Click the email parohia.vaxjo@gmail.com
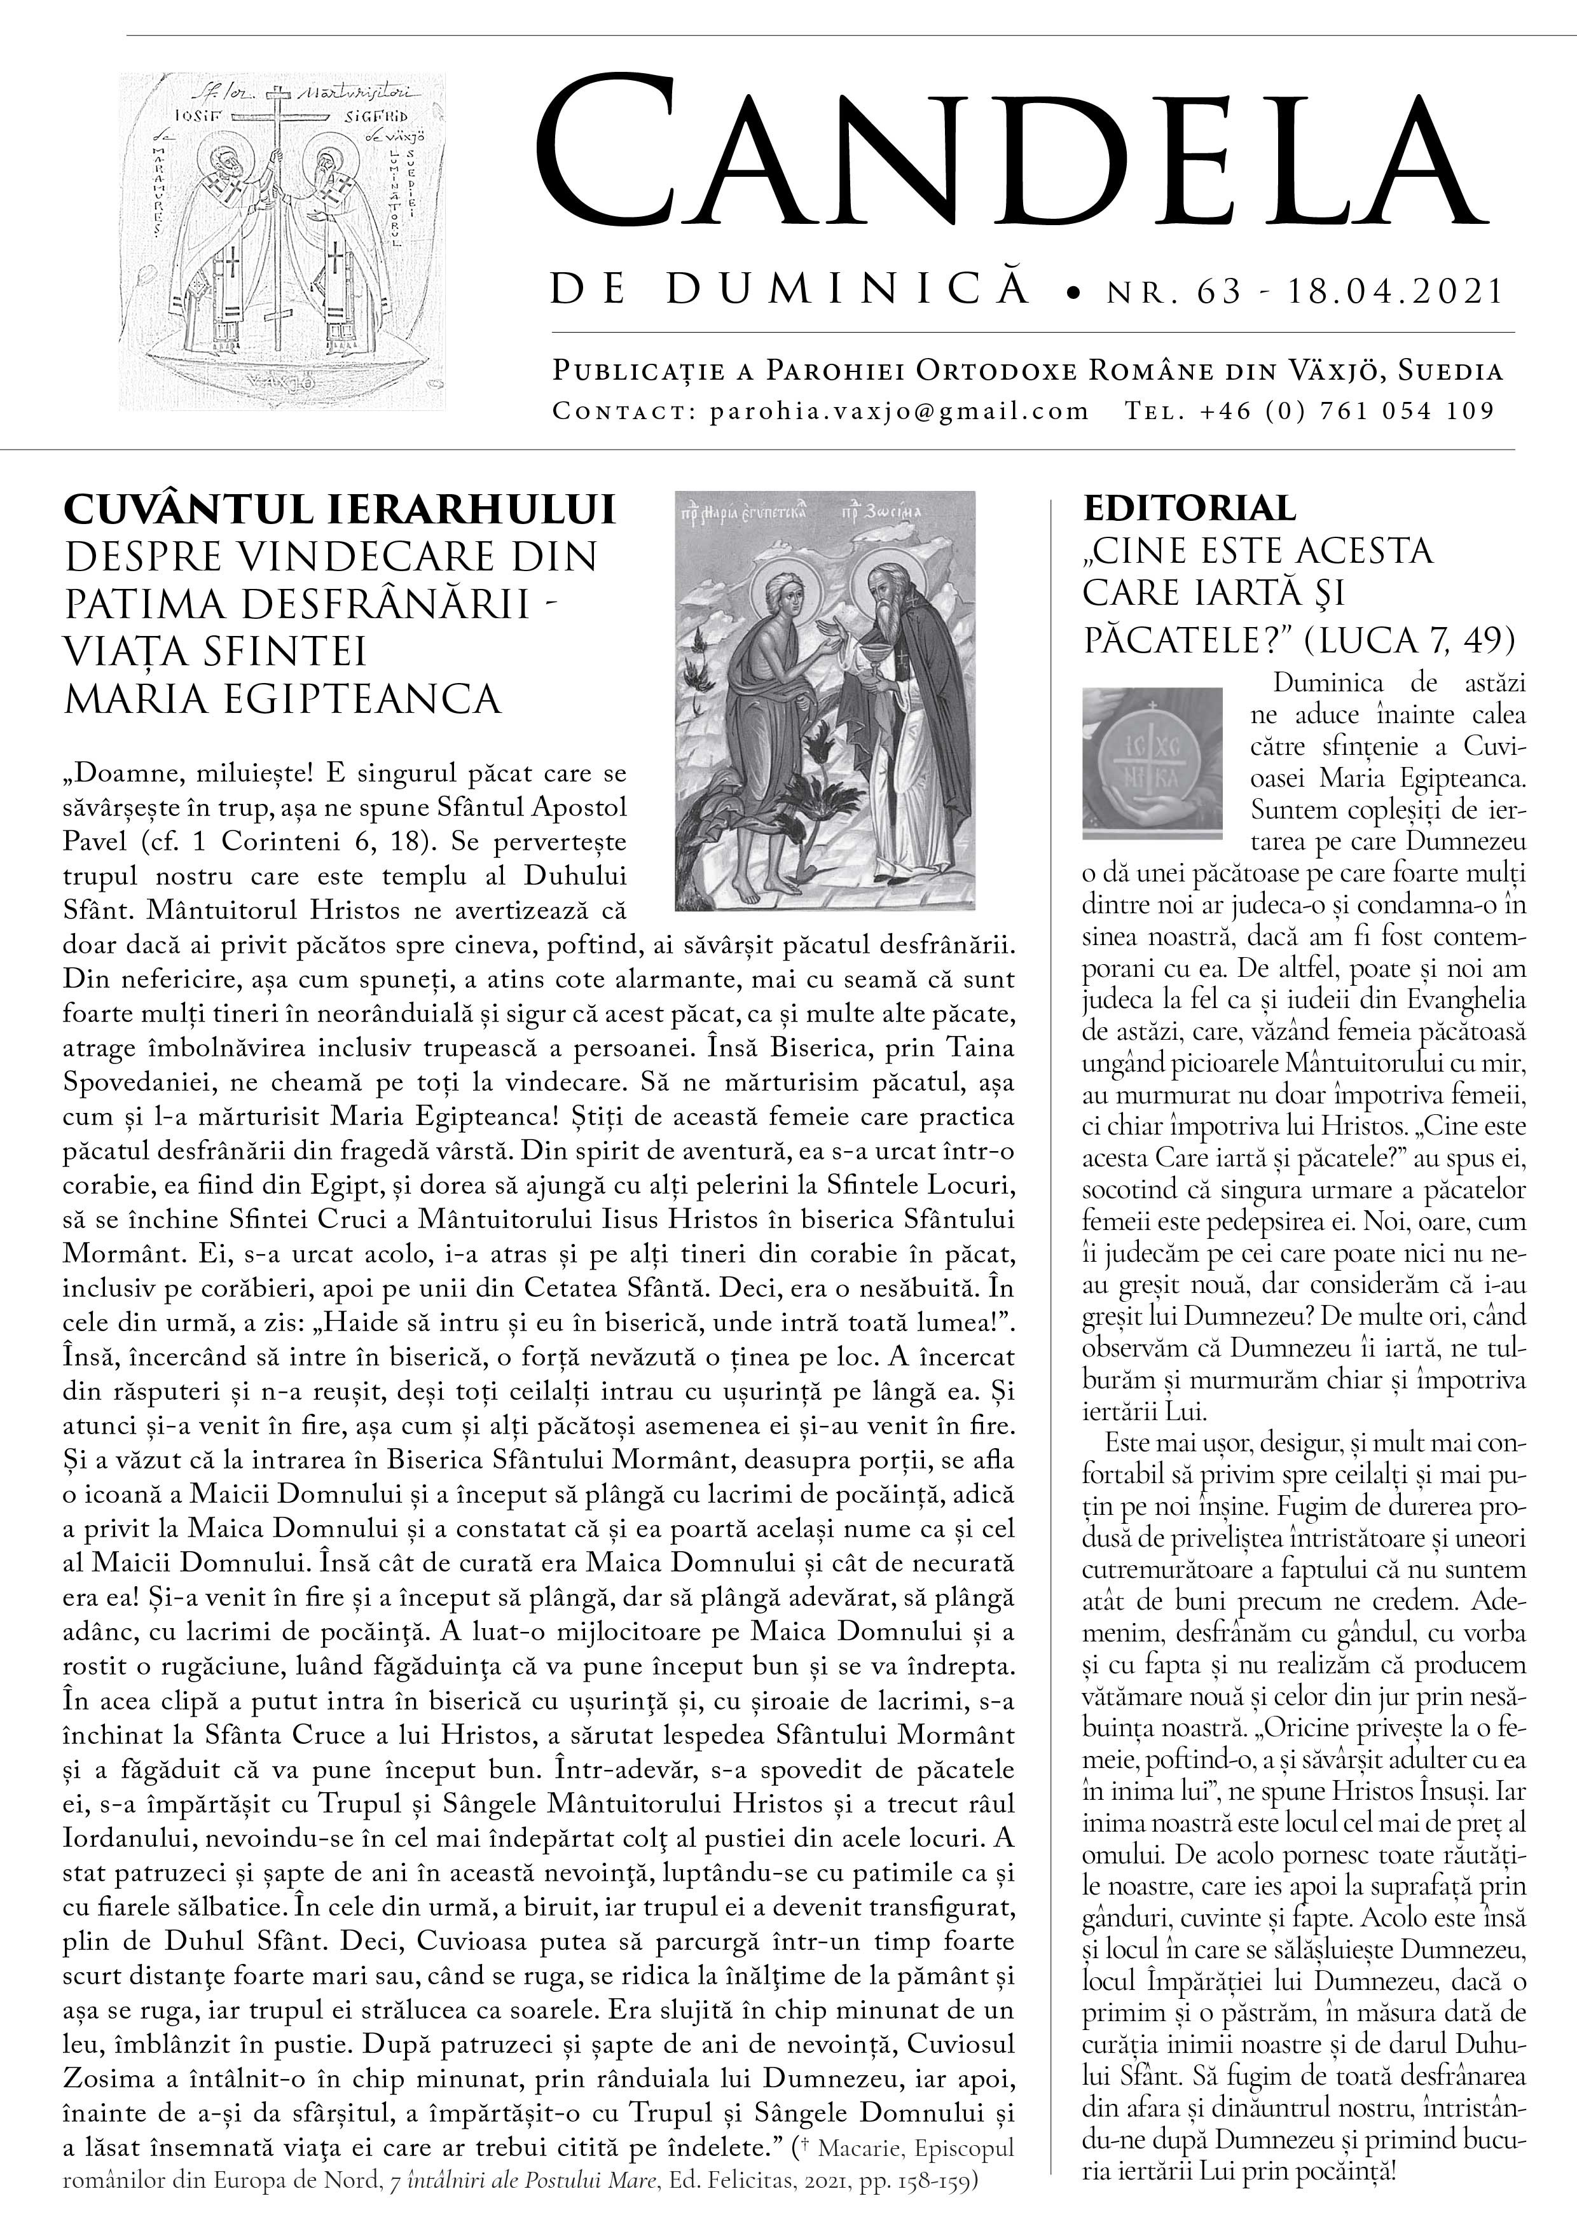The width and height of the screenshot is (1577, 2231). coord(899,411)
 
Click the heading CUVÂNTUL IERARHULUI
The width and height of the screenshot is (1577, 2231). coord(340,510)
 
